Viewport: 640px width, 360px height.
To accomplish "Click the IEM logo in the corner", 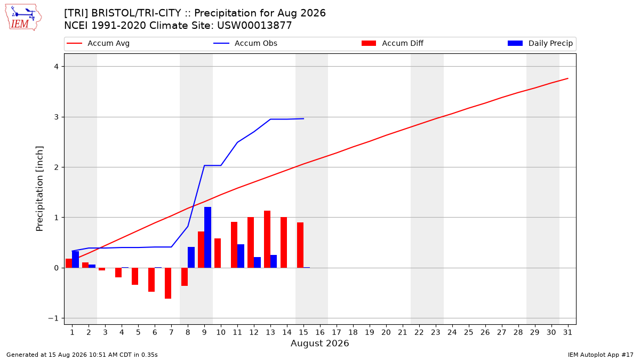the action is click(x=23, y=18).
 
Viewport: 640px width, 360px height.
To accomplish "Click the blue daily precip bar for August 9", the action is click(x=207, y=237).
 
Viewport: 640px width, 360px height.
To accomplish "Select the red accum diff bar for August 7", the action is click(x=168, y=283).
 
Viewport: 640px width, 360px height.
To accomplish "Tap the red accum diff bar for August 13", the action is click(x=267, y=239).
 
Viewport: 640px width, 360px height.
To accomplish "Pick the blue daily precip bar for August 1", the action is click(x=75, y=259).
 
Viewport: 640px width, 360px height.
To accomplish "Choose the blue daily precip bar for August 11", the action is click(x=241, y=256).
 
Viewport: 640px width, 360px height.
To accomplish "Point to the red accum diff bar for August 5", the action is click(x=135, y=276).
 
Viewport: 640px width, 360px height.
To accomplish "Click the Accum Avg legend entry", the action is click(x=98, y=43).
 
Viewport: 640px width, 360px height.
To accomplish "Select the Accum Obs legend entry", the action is click(x=245, y=43).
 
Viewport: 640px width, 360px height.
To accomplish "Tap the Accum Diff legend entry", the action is click(x=393, y=43).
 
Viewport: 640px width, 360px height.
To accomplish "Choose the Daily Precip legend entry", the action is click(x=540, y=43).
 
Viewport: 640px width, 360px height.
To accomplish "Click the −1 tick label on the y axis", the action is click(x=53, y=318).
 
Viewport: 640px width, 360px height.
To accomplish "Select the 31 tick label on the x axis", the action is click(x=567, y=332).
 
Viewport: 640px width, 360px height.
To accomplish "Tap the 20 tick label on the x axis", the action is click(x=386, y=332).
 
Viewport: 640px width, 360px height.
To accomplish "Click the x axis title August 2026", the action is click(x=319, y=343).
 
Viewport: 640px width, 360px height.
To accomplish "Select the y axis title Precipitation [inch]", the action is click(x=39, y=189).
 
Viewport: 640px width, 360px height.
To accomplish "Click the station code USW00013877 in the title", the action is click(x=254, y=26).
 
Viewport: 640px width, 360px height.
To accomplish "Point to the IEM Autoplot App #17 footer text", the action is click(x=601, y=355).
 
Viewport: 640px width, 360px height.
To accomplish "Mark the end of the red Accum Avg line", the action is click(x=567, y=78).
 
